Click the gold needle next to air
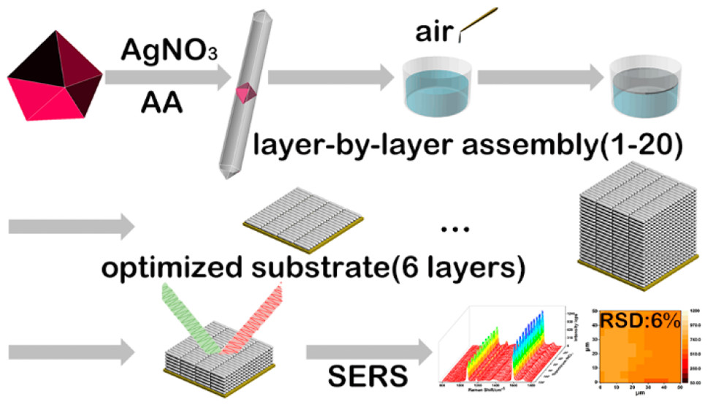coord(478,22)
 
